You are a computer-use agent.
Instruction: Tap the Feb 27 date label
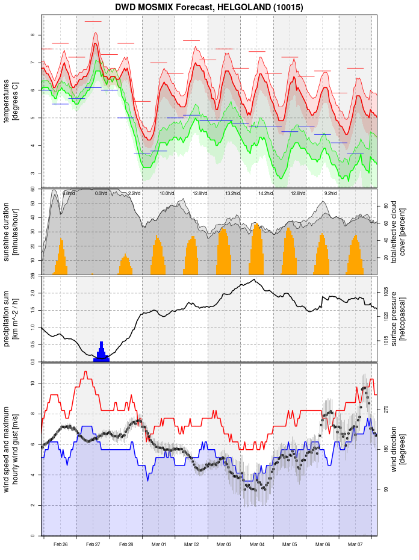tap(93, 544)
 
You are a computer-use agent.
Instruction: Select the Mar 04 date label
tap(257, 544)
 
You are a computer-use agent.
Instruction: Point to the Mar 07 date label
tap(355, 544)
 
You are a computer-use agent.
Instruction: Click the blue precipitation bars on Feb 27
tap(101, 354)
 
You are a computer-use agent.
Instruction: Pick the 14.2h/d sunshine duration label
tap(265, 193)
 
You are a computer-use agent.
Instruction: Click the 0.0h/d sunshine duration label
tap(101, 193)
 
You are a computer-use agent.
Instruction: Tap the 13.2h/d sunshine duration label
tap(232, 193)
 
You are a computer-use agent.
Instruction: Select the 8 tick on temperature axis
tap(33, 35)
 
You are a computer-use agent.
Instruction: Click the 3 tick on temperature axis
tap(33, 173)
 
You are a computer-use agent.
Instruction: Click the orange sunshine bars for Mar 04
tap(256, 253)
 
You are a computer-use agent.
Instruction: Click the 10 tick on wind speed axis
tap(31, 384)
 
